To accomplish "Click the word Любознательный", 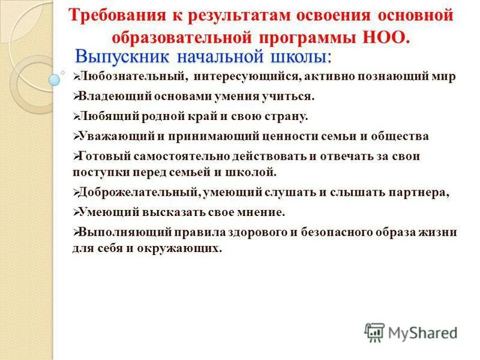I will tap(127, 77).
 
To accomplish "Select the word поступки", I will tap(98, 172).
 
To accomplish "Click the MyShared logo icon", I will tap(374, 332).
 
